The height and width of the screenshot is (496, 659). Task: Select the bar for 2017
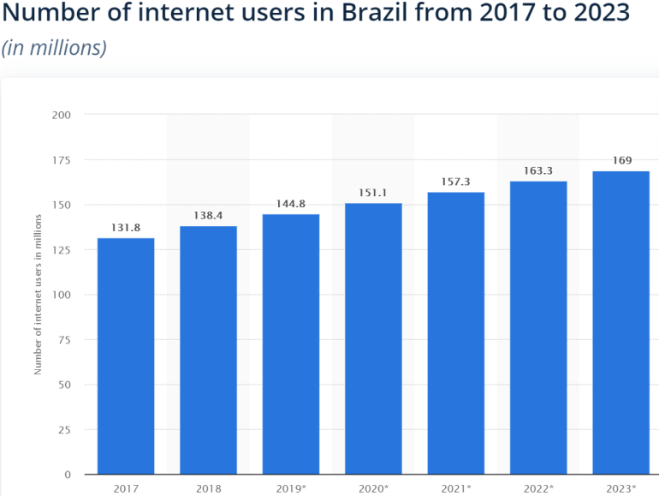[x=126, y=356]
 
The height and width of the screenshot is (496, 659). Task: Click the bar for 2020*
[x=373, y=338]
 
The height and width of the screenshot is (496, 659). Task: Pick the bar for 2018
[x=208, y=350]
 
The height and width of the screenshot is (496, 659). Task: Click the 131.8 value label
[x=126, y=227]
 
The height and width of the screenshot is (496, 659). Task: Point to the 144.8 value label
[x=291, y=203]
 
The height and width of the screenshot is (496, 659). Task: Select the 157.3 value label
[x=455, y=182]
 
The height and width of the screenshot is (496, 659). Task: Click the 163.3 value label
[x=538, y=170]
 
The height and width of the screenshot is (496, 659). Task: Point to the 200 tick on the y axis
[x=61, y=115]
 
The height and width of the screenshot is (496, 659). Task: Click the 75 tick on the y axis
[x=65, y=339]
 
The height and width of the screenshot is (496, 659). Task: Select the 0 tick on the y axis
[x=68, y=474]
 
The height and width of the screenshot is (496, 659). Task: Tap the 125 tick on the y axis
[x=61, y=249]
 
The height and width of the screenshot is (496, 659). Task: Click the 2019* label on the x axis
[x=291, y=488]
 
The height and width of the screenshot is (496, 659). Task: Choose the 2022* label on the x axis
[x=538, y=488]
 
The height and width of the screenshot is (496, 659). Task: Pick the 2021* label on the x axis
[x=455, y=488]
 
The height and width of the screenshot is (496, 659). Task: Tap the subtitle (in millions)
[x=54, y=47]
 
